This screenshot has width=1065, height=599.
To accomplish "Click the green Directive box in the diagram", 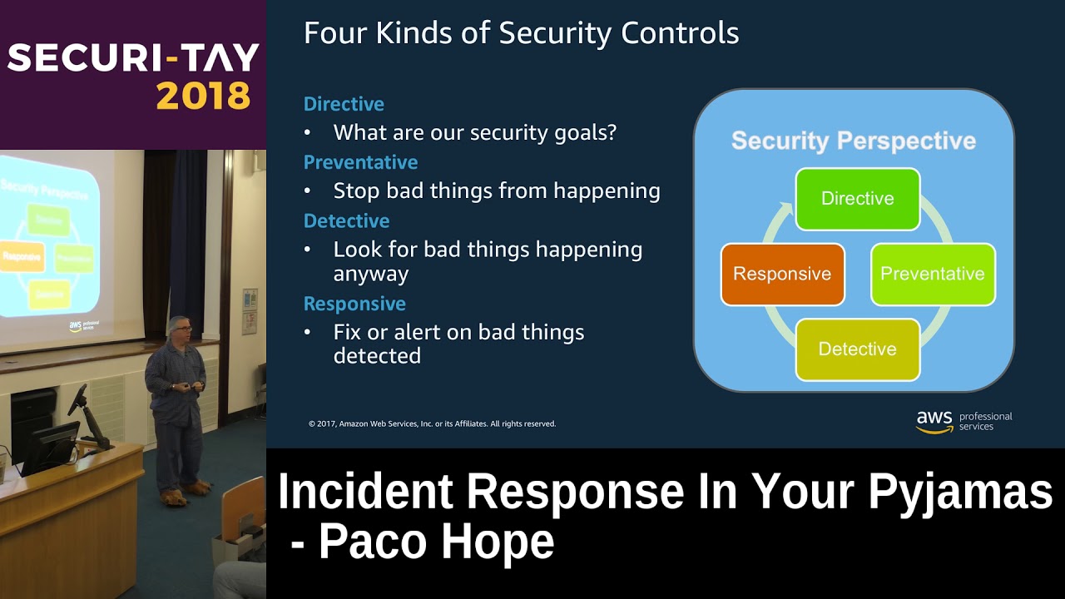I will [857, 199].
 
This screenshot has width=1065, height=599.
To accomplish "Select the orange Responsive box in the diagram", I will [782, 274].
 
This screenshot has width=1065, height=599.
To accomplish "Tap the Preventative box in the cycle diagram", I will [932, 274].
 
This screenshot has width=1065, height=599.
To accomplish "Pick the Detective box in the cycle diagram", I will [857, 349].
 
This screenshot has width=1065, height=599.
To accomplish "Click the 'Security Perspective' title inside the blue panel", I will [853, 141].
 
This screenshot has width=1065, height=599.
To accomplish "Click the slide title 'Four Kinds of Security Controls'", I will [521, 33].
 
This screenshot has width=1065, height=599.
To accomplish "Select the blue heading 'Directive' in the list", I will [344, 104].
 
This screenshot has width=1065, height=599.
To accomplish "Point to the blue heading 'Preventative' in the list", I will [360, 162].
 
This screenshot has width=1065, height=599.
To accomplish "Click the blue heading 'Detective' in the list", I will [346, 220].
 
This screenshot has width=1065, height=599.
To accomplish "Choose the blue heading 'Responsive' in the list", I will [354, 304].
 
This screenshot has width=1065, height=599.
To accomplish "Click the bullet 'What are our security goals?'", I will [474, 132].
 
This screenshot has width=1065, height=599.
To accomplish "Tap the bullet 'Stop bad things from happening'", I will [496, 191].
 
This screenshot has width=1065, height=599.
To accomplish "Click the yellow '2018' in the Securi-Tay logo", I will [203, 97].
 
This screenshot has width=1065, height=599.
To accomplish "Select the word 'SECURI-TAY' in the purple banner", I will [133, 58].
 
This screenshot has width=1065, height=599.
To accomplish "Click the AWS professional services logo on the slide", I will [963, 421].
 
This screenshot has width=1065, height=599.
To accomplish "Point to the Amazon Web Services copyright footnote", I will [432, 423].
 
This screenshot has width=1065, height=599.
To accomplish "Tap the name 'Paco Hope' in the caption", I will [436, 542].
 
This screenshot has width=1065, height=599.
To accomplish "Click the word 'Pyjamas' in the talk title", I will [960, 491].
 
